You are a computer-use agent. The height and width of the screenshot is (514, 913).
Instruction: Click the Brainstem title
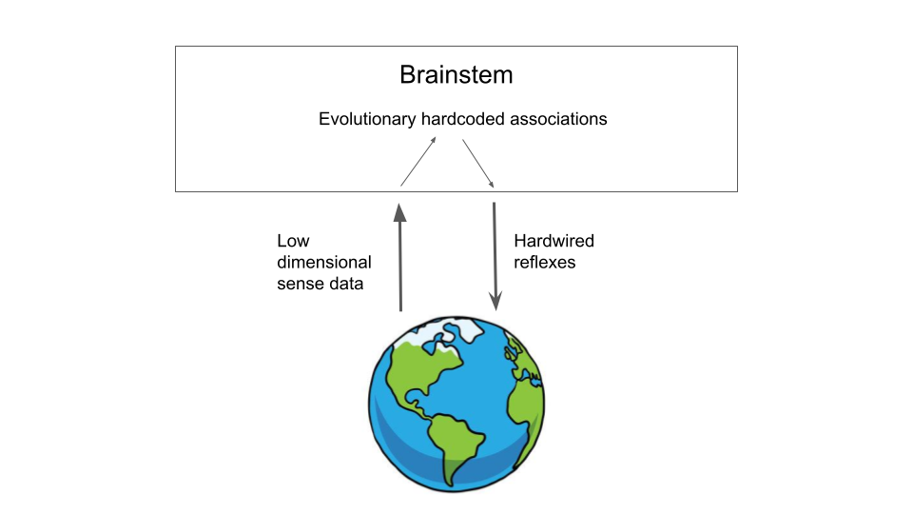pos(456,74)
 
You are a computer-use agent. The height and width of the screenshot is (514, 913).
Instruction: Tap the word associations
pos(558,119)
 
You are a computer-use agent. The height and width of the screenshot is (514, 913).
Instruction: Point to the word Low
pos(293,241)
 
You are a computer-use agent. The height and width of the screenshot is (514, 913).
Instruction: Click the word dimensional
pos(323,263)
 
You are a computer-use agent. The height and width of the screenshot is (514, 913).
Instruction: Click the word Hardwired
pos(554,241)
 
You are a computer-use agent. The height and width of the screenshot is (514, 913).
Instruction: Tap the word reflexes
pos(544,263)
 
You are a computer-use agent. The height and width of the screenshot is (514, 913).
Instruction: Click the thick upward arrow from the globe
pos(400,257)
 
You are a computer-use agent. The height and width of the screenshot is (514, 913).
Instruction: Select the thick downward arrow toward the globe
pos(495,256)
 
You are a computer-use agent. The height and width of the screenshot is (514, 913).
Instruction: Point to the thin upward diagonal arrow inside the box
pos(418,162)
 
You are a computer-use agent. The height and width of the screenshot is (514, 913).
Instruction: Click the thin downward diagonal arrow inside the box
pos(478,163)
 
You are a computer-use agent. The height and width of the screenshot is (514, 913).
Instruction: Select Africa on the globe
pos(526,408)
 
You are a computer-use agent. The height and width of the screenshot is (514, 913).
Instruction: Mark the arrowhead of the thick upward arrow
pos(400,212)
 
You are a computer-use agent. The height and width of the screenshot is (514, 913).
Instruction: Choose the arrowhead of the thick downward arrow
pos(495,302)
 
